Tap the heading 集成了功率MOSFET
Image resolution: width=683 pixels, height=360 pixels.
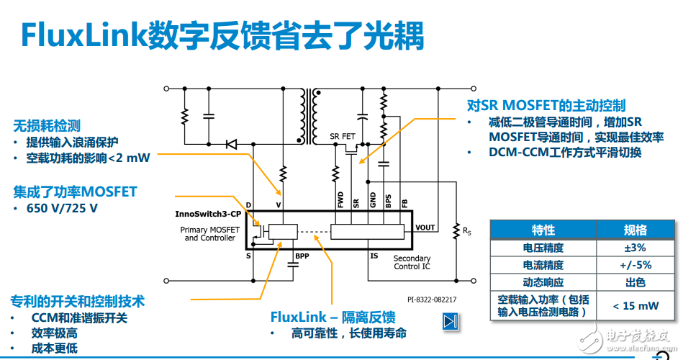coord(75,192)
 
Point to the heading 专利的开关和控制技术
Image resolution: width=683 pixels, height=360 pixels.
coord(78,301)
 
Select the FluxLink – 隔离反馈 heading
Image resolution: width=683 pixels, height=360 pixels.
coord(333,317)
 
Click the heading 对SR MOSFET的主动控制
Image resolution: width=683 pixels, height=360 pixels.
coord(546,105)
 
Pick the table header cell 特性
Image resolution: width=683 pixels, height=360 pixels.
coord(543,230)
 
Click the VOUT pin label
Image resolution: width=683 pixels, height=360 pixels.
coord(425,228)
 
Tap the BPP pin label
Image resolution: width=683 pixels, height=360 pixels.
coord(302,256)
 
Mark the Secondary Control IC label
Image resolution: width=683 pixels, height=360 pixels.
coord(412,262)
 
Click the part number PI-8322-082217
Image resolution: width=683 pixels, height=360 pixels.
coord(432,300)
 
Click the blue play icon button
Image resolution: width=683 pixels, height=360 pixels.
coord(451,321)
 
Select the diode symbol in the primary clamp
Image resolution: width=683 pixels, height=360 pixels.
coord(232,144)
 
